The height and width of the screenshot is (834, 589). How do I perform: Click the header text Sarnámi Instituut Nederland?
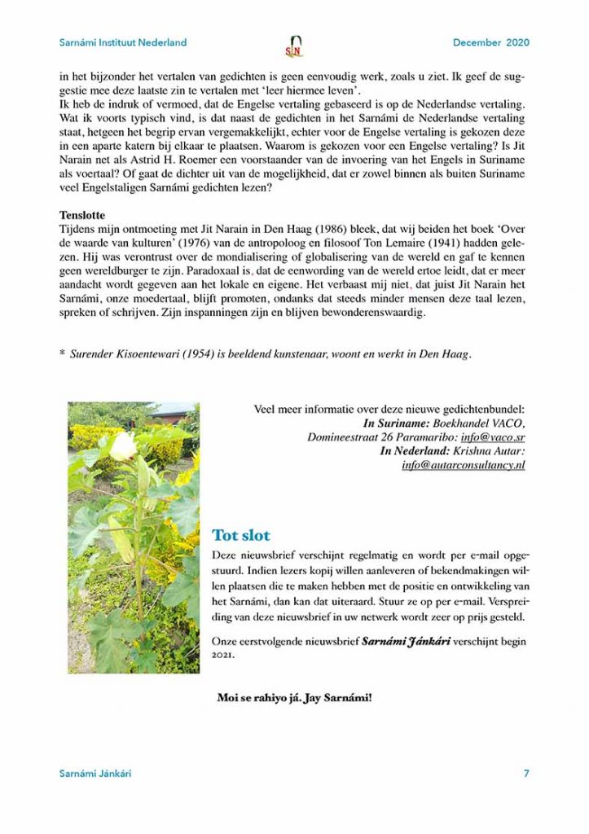(x=123, y=42)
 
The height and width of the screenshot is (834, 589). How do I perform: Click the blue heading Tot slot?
(x=240, y=535)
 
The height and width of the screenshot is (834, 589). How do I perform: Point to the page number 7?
(x=525, y=773)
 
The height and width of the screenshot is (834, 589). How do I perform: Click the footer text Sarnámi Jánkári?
(x=95, y=773)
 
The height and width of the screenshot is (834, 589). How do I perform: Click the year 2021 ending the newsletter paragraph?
(x=211, y=656)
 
